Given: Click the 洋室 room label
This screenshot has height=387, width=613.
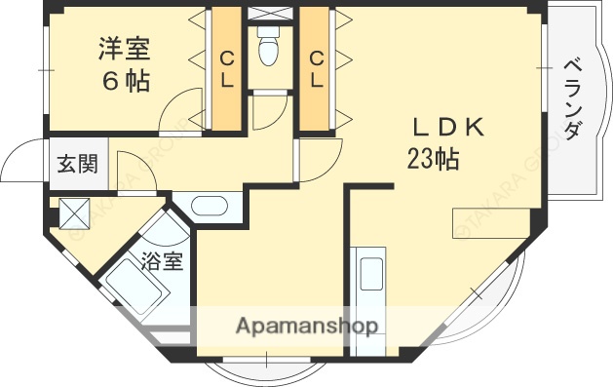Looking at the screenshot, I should [x=124, y=48].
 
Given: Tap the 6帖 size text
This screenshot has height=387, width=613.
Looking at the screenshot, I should [x=124, y=82].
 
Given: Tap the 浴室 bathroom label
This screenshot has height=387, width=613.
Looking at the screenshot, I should [x=162, y=260].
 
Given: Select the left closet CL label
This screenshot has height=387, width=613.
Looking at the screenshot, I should [x=226, y=69].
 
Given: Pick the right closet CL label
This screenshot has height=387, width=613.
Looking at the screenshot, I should [x=317, y=69].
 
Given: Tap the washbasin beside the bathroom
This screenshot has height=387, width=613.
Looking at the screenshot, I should [x=208, y=206].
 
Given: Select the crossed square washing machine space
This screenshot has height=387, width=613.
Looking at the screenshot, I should [x=75, y=213].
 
